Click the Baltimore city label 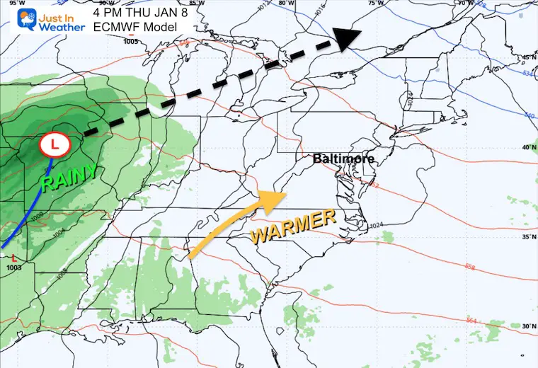point(343,159)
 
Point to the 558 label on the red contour point(467,267)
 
